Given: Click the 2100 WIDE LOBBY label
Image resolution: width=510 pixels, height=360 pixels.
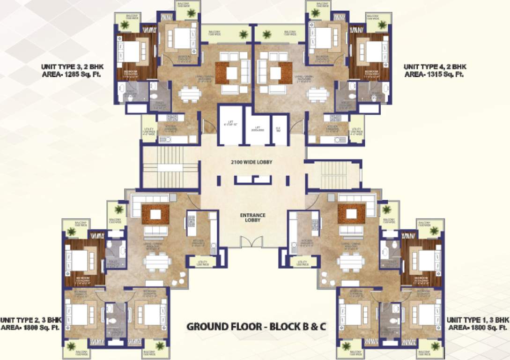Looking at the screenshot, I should [x=252, y=162].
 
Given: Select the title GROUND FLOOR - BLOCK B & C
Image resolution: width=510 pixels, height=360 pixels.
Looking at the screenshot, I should [x=256, y=326].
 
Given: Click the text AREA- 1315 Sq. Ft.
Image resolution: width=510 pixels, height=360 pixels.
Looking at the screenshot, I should [x=434, y=75].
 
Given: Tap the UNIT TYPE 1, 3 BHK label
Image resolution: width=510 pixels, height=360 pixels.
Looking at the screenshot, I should [x=478, y=320].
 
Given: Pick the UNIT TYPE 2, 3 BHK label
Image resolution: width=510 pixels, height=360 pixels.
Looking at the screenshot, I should [x=31, y=320].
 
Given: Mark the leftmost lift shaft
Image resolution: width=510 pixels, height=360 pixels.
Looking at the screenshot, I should [x=230, y=125].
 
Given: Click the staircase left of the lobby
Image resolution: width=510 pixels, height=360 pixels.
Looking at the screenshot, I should [x=170, y=167].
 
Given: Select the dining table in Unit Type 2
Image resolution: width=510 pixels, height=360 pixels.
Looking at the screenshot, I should [x=157, y=262].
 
